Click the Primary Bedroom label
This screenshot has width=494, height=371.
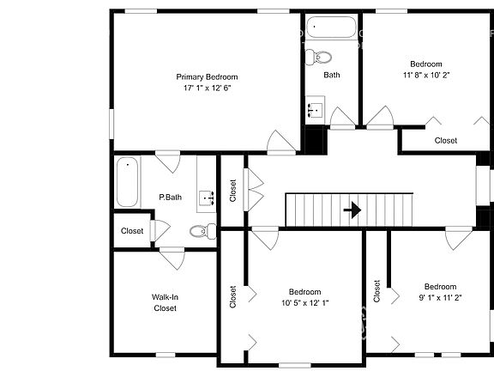[207, 76]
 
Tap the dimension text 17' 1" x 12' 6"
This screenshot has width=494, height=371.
[207, 88]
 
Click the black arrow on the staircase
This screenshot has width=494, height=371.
[352, 208]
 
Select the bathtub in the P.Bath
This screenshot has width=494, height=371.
[128, 181]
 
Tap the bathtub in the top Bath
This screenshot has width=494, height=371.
[329, 28]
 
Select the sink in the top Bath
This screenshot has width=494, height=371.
[315, 110]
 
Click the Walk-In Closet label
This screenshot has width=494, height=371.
[165, 302]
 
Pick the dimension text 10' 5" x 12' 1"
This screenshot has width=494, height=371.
[304, 303]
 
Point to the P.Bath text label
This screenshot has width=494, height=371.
[171, 198]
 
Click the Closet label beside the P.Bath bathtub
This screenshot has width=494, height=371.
[132, 231]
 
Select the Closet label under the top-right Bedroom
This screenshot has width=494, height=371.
[446, 140]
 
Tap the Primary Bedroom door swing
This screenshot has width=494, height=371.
[280, 142]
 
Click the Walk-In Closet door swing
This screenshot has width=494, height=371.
[172, 257]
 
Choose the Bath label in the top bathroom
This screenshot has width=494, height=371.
[332, 75]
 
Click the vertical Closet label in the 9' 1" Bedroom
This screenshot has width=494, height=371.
[377, 291]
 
